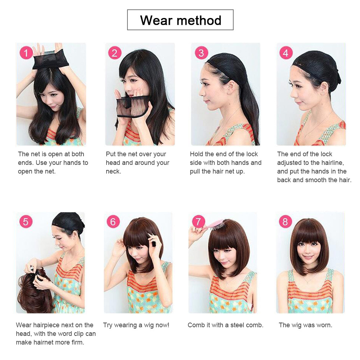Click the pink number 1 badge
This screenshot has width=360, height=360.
pos(26,53)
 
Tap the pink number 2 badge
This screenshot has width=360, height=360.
pos(114,53)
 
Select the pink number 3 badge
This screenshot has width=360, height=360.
pos(201,53)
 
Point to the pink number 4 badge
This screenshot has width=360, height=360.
pos(286,53)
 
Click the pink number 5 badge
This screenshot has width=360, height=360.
pos(26,221)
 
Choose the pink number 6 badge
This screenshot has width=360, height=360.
pos(113,221)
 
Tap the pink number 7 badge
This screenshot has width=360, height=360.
pos(198,221)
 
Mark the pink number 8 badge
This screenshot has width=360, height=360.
pos(285,221)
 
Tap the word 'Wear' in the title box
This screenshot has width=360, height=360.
pos(156,20)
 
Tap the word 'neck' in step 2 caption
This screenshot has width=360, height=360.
pos(113,171)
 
